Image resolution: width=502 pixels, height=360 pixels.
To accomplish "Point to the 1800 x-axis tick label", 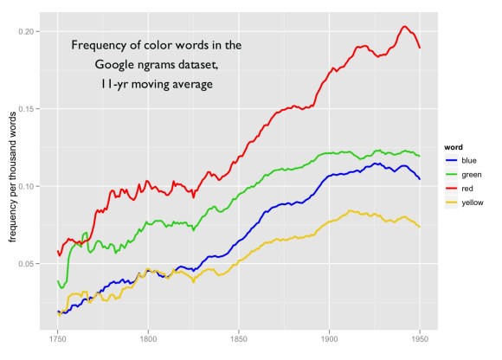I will coord(148,343).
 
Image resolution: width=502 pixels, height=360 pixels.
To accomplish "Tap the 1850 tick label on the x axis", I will coord(239,343).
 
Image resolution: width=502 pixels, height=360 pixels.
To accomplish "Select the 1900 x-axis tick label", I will coord(329,343).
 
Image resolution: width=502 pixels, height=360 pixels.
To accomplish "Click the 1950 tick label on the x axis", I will coord(420,343).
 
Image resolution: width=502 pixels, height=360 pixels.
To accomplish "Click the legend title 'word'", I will coord(449,145).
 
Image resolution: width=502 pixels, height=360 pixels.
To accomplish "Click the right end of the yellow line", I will coord(420,227).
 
